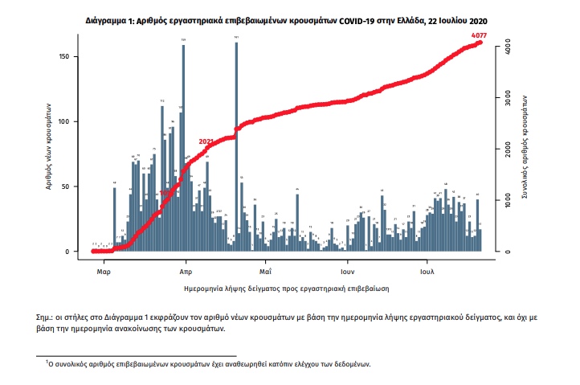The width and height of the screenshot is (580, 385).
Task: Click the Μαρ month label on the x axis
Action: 102,271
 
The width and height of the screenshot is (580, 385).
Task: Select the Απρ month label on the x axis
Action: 185,271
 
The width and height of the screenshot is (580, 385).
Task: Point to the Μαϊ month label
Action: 264,271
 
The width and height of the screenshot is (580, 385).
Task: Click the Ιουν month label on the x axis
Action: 347,271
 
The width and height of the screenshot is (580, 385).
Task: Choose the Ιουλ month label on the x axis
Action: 427,271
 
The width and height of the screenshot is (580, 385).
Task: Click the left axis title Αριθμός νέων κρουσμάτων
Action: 50,145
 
